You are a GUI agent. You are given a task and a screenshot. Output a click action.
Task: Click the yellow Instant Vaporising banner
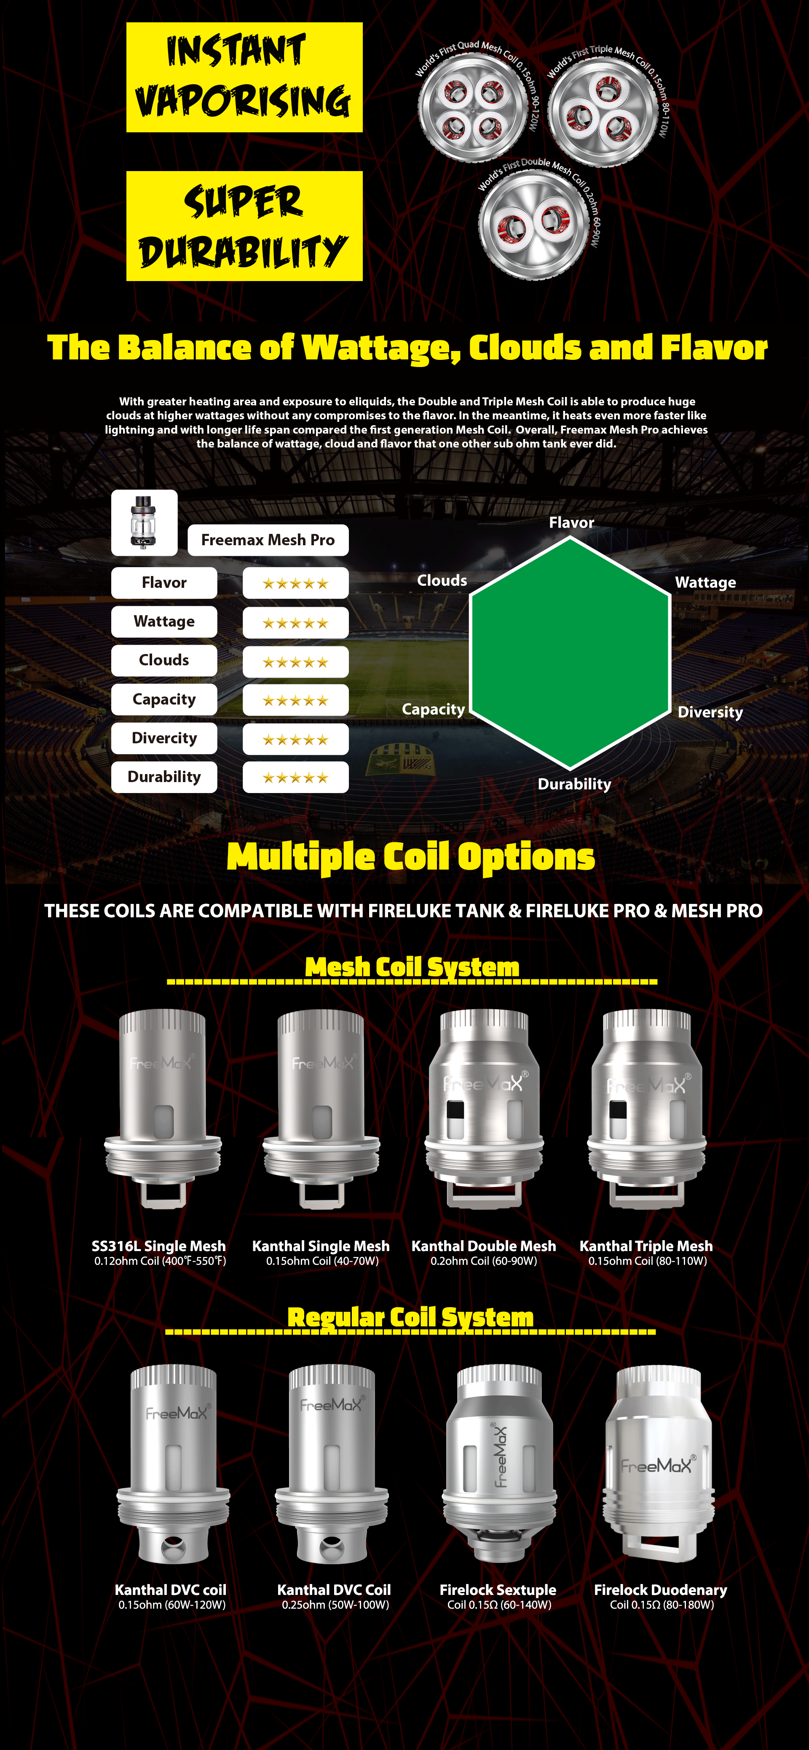(x=244, y=78)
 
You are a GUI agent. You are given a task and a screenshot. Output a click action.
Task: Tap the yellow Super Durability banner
(x=244, y=225)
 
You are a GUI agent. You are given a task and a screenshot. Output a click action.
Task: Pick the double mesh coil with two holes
(x=533, y=224)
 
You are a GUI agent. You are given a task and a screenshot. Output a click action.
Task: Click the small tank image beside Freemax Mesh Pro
(x=144, y=523)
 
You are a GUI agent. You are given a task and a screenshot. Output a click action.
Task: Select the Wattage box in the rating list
(x=164, y=622)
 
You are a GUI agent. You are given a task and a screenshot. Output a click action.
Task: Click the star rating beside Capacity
(x=295, y=700)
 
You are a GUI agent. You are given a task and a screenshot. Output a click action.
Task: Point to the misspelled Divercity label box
(x=164, y=738)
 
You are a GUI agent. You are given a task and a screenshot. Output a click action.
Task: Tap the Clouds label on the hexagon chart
(x=442, y=581)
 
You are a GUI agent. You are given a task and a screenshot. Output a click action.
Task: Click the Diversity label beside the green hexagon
(x=710, y=712)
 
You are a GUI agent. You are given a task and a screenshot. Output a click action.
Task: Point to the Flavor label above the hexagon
(x=571, y=523)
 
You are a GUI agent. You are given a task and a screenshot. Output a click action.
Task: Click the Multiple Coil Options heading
(x=410, y=857)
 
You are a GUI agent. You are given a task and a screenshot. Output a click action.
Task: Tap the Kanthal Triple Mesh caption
(x=646, y=1246)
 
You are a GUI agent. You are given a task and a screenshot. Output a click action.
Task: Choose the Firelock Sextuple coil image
(x=499, y=1463)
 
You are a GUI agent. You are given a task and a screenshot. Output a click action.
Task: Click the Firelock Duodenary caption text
(x=660, y=1590)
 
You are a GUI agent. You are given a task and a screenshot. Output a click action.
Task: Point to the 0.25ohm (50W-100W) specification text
(x=335, y=1605)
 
